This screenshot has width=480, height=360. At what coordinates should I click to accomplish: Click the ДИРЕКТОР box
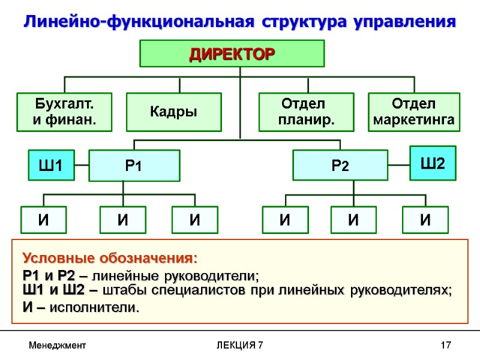tap(232, 54)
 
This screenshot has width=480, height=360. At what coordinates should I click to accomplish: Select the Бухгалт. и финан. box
tap(65, 112)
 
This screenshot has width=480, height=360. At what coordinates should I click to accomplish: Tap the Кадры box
tap(173, 112)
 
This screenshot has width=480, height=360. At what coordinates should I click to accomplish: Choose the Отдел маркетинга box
tap(413, 112)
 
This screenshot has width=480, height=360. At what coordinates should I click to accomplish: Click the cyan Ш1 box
tap(51, 166)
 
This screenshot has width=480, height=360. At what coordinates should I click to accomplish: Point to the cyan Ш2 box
tap(433, 163)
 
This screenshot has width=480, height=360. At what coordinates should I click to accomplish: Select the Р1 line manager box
tap(134, 166)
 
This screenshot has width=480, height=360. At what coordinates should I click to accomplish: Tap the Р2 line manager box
tap(340, 166)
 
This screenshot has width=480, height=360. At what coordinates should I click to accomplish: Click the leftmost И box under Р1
tap(44, 220)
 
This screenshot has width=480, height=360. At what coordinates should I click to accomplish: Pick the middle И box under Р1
tap(122, 220)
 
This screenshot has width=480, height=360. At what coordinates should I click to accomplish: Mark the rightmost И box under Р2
tap(425, 220)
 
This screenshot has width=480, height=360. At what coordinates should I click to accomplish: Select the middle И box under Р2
tap(353, 220)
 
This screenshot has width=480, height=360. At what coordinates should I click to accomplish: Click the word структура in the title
tap(306, 22)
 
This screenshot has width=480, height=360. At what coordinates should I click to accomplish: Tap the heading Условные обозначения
tap(110, 259)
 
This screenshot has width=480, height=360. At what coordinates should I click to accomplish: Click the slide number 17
tap(445, 346)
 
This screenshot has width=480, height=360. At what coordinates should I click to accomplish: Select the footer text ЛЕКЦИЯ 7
tap(239, 346)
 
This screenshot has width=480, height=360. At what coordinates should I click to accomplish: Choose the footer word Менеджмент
tap(58, 346)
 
